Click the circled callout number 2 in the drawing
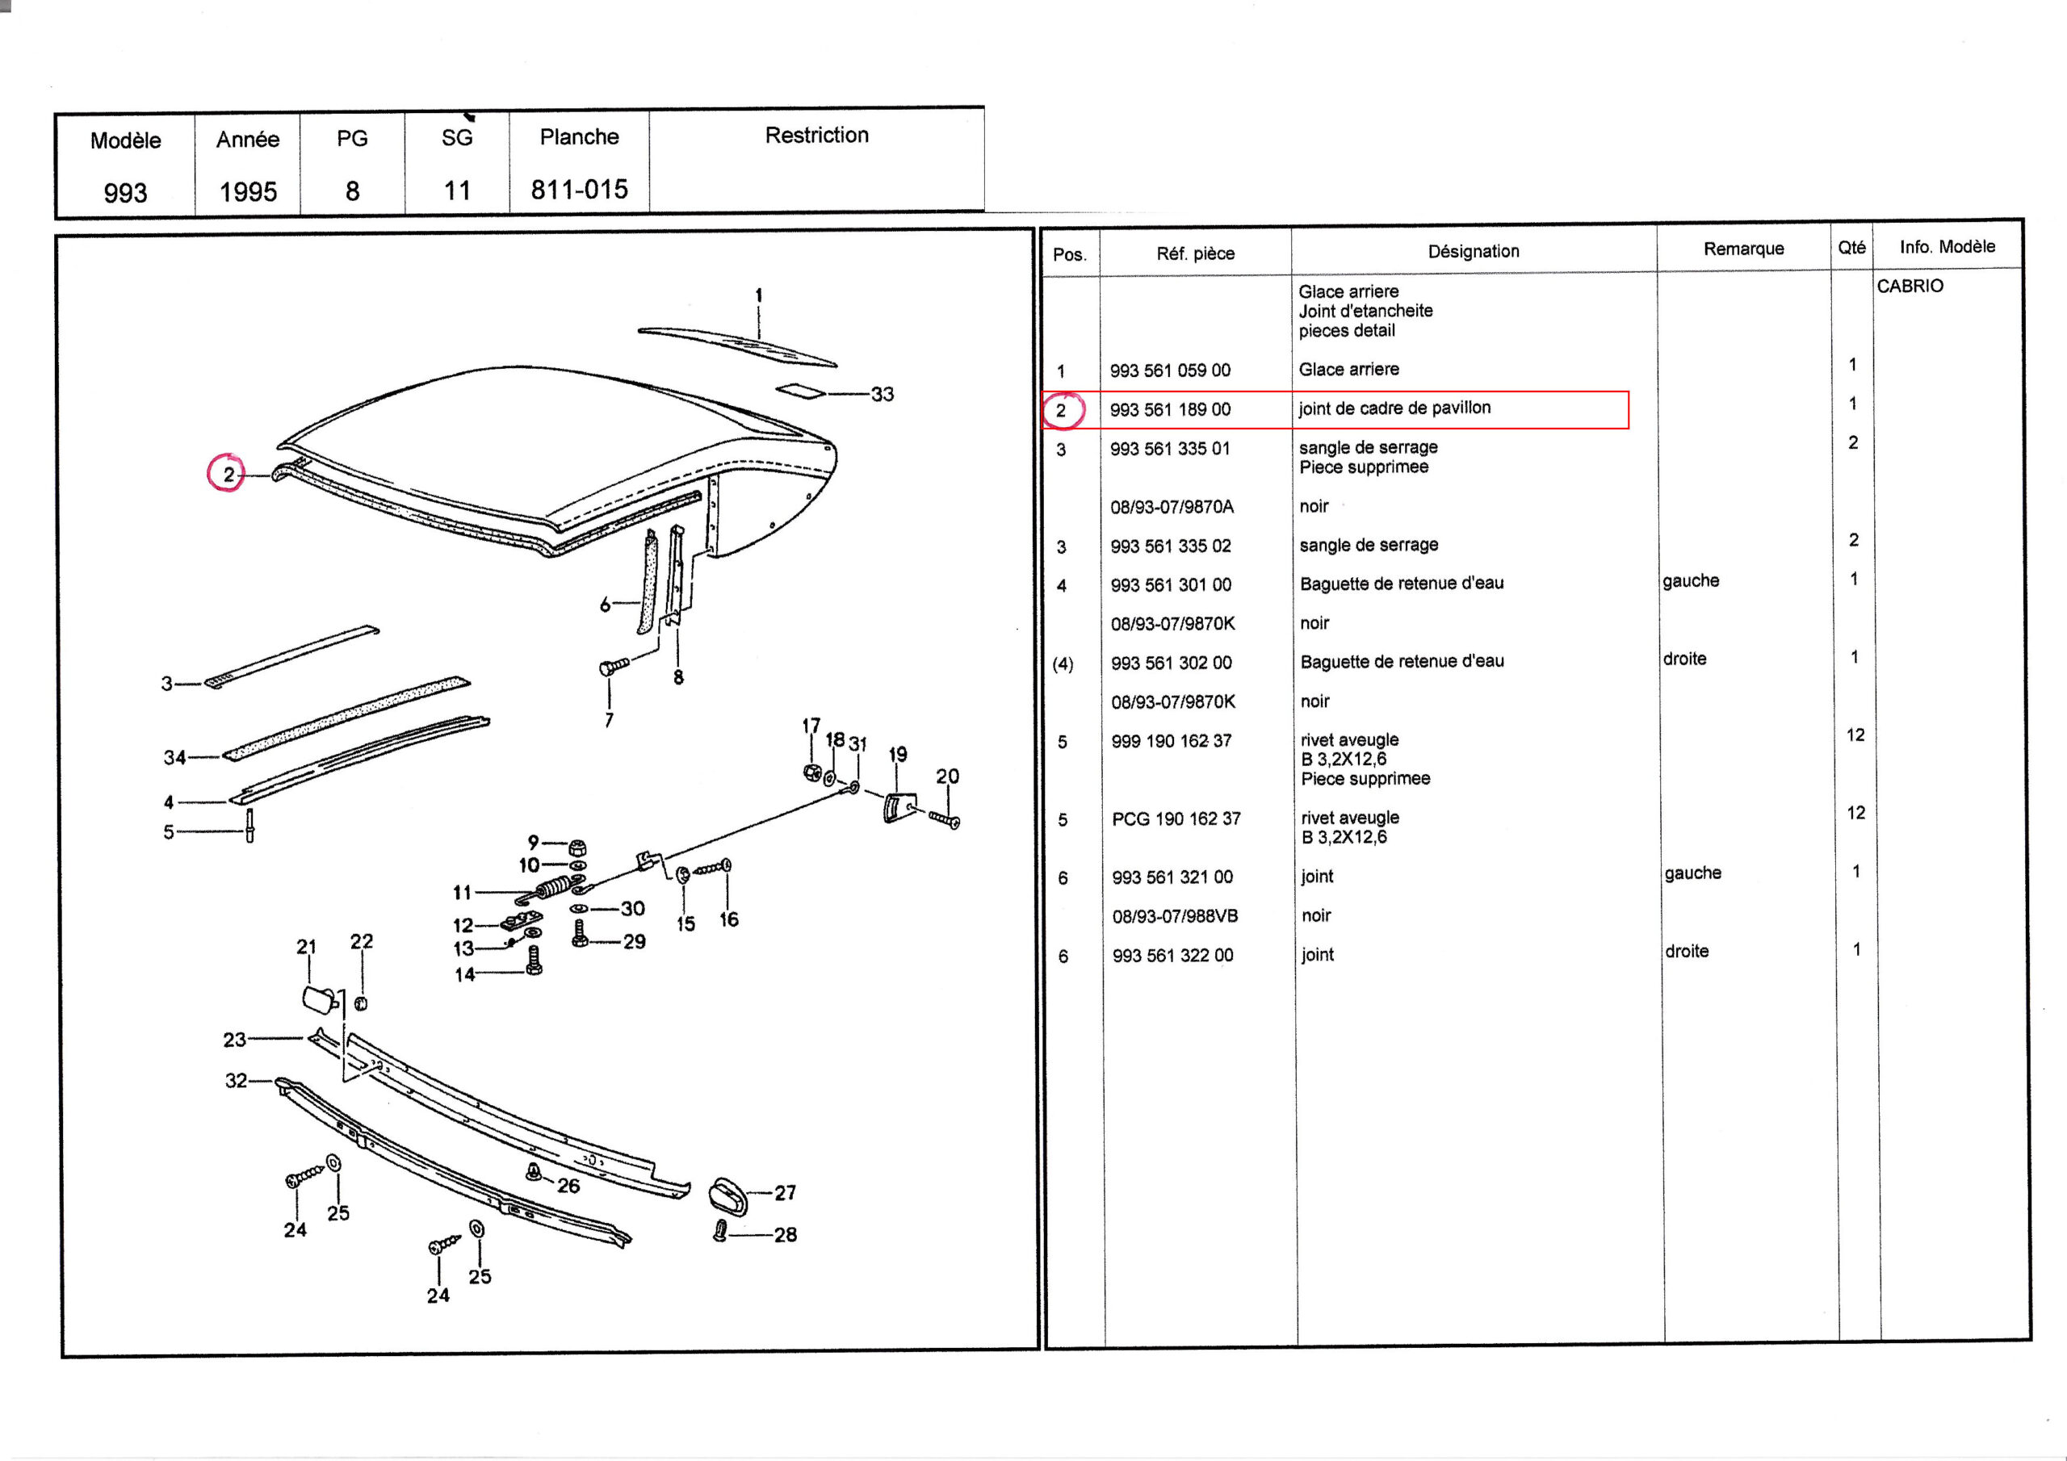click(229, 475)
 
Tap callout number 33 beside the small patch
click(883, 393)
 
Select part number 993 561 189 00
click(1169, 409)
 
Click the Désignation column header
click(1473, 251)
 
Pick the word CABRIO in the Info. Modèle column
click(1910, 287)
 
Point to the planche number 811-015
click(579, 190)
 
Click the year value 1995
click(248, 192)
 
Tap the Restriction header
click(816, 135)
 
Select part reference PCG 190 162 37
click(1176, 819)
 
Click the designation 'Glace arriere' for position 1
click(1348, 369)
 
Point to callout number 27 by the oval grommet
click(785, 1193)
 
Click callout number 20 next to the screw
click(947, 776)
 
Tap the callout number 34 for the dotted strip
click(174, 758)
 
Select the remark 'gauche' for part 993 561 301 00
click(1691, 580)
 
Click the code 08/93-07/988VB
click(1175, 916)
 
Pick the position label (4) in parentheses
click(1063, 664)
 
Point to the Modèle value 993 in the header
click(125, 193)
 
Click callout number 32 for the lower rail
click(236, 1080)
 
